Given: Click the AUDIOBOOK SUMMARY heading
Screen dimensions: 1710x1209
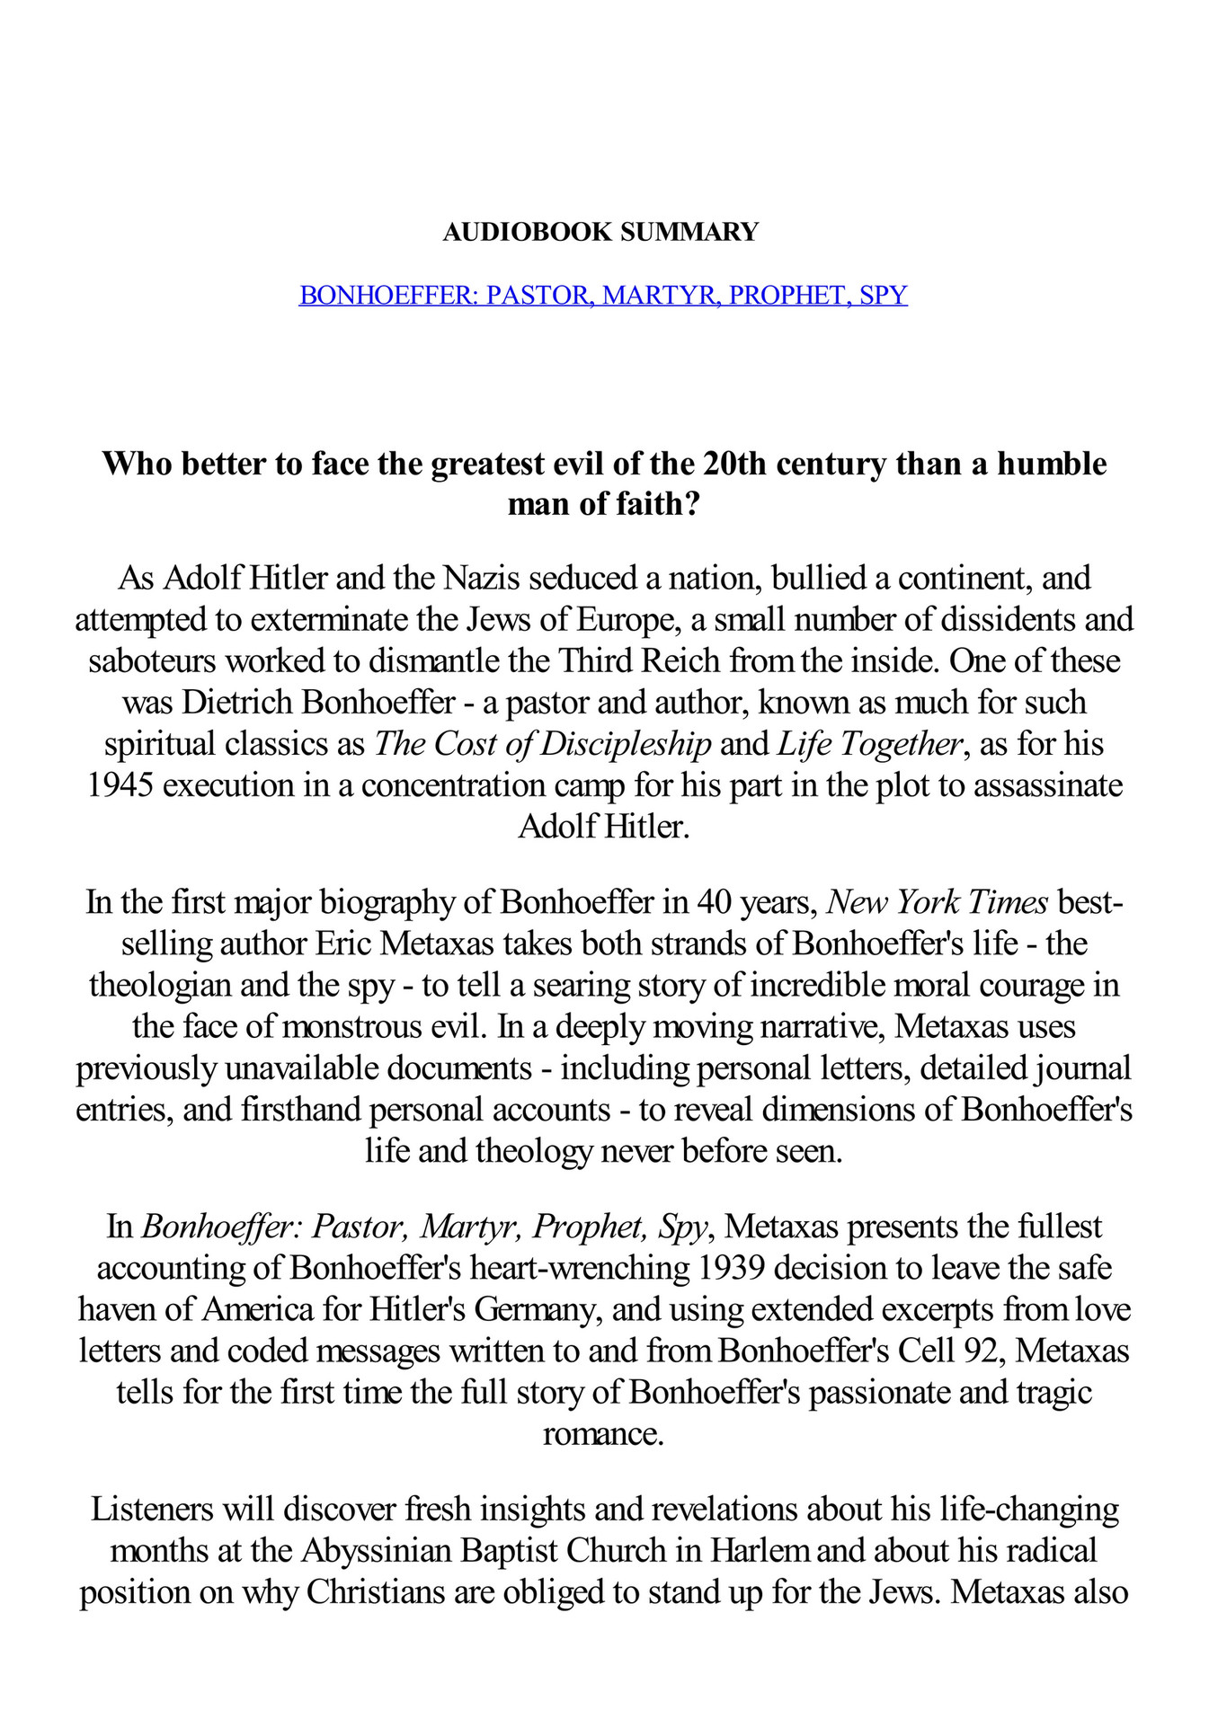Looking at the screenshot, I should [600, 232].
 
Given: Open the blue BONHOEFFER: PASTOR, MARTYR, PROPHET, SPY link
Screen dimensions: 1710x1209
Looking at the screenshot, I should [603, 295].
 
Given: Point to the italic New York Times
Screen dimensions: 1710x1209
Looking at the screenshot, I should [937, 901].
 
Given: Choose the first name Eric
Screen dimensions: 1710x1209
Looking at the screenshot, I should [343, 944].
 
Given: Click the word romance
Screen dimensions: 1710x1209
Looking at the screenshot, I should [602, 1433].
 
